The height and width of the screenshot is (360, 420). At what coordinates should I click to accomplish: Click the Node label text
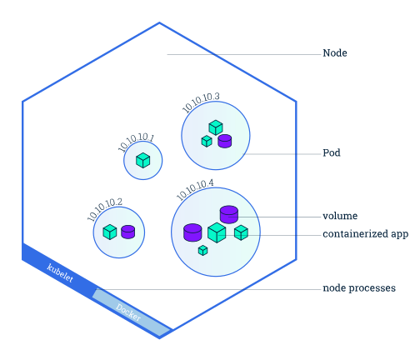[335, 53]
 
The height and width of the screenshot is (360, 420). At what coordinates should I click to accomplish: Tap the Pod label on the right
[332, 152]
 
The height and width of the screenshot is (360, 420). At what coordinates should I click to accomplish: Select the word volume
[340, 216]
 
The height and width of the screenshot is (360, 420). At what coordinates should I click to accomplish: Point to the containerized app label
[365, 234]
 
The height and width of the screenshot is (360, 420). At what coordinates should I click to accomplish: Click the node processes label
[359, 288]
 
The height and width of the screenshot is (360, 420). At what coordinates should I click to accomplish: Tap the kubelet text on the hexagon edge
[60, 272]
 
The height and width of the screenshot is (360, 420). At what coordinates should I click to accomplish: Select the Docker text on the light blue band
[128, 312]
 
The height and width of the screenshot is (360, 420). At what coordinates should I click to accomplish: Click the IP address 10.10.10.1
[136, 142]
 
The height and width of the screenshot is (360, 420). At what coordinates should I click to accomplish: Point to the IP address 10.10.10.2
[104, 209]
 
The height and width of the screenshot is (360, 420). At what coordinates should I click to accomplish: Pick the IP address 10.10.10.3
[201, 102]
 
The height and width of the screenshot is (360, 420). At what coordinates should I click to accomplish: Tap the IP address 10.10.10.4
[195, 189]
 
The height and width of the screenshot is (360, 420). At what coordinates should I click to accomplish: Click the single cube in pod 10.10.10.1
[143, 160]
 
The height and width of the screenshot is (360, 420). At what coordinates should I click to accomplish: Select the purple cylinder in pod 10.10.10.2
[128, 232]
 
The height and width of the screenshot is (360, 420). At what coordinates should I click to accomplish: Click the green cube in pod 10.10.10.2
[110, 232]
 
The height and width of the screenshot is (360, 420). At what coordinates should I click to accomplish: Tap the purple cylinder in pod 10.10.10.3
[225, 141]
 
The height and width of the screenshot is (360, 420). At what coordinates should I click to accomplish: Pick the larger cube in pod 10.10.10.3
[216, 127]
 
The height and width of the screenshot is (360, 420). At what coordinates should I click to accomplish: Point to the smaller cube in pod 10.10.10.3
[207, 141]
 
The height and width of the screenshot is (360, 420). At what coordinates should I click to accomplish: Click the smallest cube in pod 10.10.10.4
[202, 250]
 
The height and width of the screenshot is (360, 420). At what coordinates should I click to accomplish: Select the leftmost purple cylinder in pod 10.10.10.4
[192, 232]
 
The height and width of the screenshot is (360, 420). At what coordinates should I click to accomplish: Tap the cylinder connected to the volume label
[229, 214]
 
